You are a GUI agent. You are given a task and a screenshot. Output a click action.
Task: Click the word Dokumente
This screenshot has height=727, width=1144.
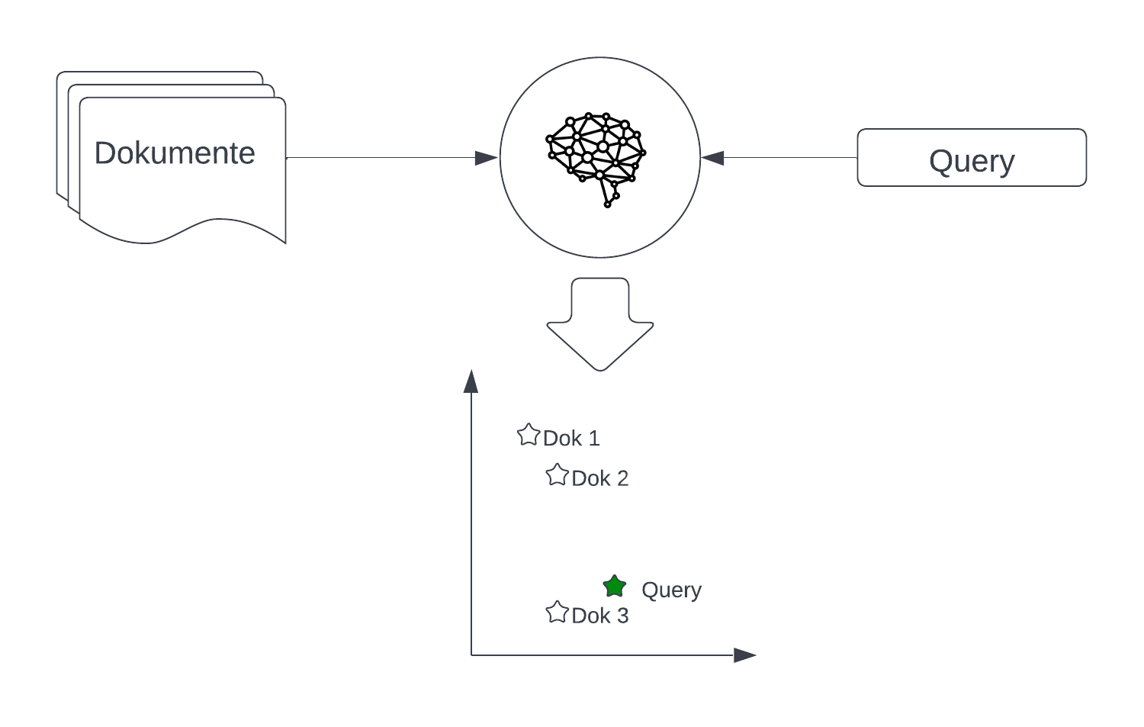coord(175,153)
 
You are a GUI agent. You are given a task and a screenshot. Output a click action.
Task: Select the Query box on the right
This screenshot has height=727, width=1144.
coord(972,157)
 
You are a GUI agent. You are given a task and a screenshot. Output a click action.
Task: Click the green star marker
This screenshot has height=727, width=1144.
coord(615,587)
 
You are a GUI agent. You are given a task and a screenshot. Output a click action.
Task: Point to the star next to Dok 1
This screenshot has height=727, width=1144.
coord(529,435)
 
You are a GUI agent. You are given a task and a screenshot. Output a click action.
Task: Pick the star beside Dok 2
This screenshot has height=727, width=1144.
coord(558,475)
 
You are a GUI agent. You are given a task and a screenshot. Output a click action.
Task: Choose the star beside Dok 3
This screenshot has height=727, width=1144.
coord(558,612)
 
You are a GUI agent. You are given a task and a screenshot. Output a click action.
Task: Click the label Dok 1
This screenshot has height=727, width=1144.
coord(571,439)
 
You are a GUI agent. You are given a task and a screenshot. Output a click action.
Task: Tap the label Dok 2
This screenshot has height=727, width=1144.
coord(600,479)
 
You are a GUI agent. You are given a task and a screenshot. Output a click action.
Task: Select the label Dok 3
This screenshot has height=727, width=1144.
coord(600,616)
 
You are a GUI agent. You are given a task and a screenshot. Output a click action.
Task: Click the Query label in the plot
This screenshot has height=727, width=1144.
coord(672,590)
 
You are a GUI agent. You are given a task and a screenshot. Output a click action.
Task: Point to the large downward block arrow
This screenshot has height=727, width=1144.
coord(600,324)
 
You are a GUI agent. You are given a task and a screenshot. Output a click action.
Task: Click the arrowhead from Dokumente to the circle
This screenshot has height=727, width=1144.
coord(487,158)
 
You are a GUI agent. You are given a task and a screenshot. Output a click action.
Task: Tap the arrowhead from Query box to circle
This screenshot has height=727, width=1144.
coord(712,158)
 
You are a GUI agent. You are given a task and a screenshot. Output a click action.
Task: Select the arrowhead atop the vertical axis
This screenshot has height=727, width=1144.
coord(471,381)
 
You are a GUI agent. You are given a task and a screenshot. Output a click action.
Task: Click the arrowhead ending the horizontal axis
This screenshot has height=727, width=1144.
coord(744,655)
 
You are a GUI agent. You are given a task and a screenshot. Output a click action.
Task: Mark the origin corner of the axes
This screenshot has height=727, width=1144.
coord(471,655)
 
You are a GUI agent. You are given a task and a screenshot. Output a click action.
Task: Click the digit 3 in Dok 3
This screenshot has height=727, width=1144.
coord(622,616)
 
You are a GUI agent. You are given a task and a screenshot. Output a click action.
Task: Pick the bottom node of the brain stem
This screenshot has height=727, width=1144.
coord(607,205)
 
